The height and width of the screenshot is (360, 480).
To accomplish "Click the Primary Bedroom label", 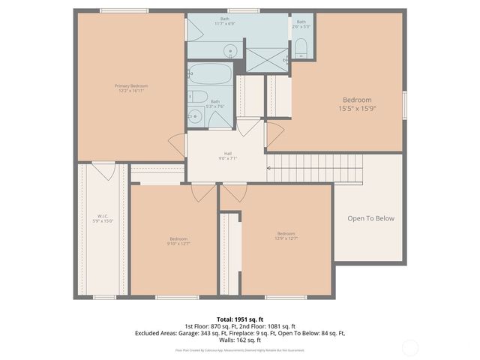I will point(130,86).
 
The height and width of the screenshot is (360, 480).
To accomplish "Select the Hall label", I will point(227,153).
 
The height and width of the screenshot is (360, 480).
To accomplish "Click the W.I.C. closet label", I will point(103,217).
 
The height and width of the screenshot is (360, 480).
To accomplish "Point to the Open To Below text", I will point(370,218).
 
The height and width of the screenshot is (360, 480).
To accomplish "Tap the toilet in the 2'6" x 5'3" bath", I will point(301,50).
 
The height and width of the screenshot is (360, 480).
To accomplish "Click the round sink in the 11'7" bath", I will point(231,52).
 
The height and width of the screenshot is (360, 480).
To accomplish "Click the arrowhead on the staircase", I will point(270,168).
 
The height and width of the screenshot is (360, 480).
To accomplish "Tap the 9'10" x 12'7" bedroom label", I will point(178,240).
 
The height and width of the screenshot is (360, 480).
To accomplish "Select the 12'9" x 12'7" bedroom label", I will point(286,235).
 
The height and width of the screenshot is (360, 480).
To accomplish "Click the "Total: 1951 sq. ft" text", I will point(239,319).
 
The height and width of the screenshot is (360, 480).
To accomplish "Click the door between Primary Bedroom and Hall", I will point(177,144).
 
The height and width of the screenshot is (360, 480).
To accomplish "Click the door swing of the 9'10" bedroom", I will point(203,193).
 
